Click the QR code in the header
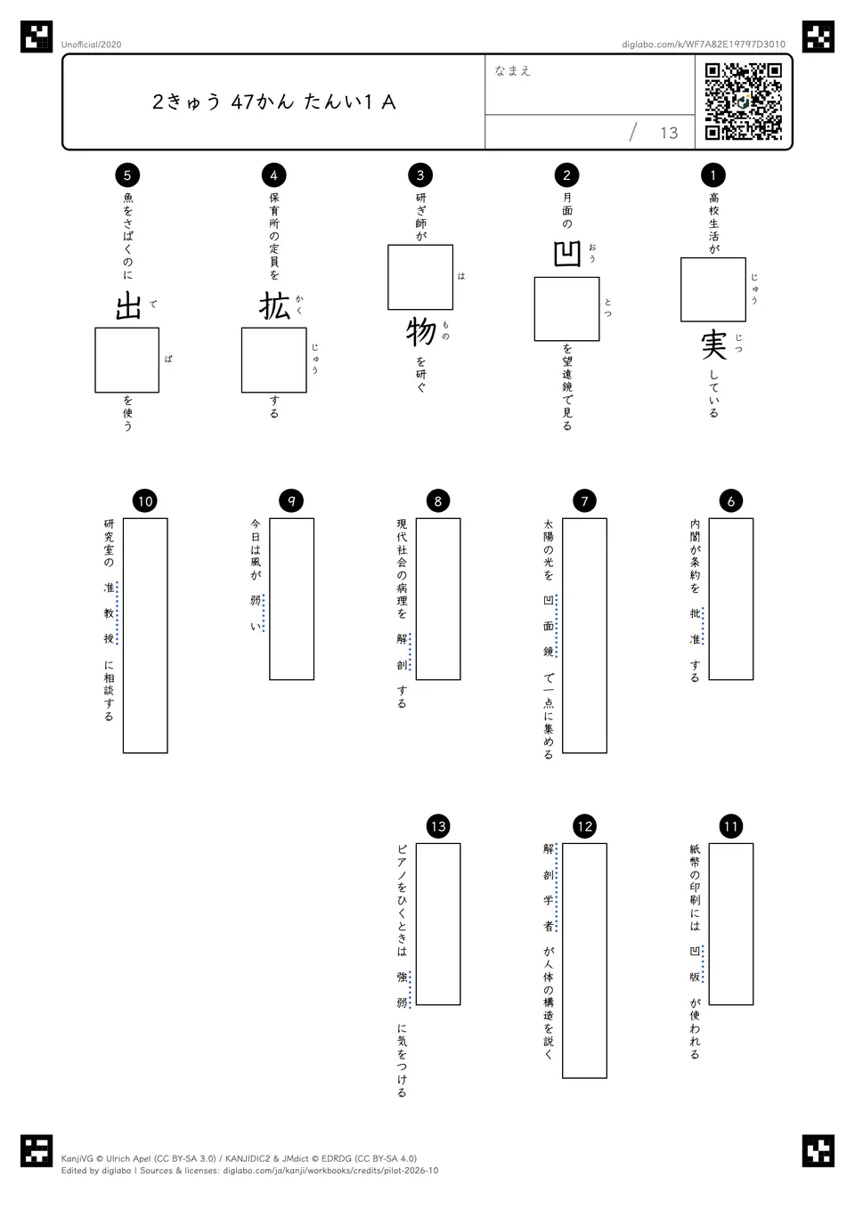pyautogui.click(x=744, y=101)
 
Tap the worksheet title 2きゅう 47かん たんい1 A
pyautogui.click(x=274, y=101)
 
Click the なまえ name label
pyautogui.click(x=513, y=70)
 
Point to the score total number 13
pyautogui.click(x=669, y=133)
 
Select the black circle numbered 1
pyautogui.click(x=713, y=174)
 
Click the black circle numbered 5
pyautogui.click(x=127, y=174)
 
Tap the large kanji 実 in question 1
pyautogui.click(x=713, y=345)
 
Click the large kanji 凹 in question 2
pyautogui.click(x=566, y=254)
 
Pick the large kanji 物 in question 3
pyautogui.click(x=420, y=332)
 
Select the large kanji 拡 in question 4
pyautogui.click(x=274, y=306)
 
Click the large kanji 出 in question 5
pyautogui.click(x=128, y=306)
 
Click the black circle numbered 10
pyautogui.click(x=144, y=501)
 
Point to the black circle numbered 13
pyautogui.click(x=438, y=826)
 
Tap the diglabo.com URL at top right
pyautogui.click(x=704, y=45)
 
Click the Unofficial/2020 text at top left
pyautogui.click(x=91, y=45)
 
